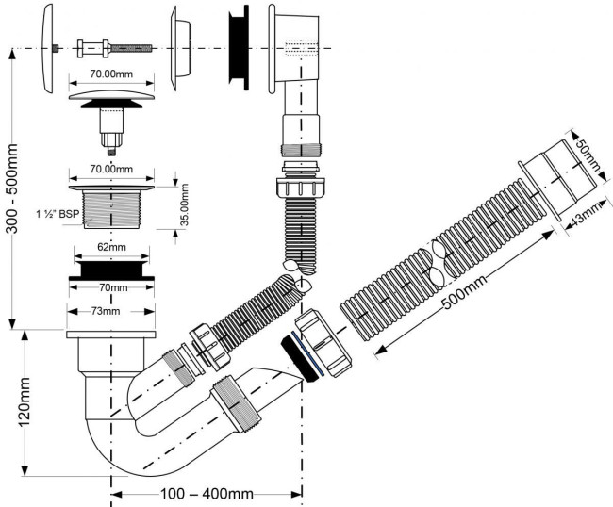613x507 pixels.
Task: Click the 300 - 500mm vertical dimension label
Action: (x=12, y=188)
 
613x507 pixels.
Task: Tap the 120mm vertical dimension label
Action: (x=25, y=402)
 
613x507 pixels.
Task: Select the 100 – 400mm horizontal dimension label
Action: (x=207, y=494)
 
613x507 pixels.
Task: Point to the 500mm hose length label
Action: (x=465, y=291)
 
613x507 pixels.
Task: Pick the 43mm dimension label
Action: (x=588, y=214)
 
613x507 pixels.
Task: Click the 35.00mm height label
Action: (x=184, y=204)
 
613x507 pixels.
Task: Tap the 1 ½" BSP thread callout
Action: (x=58, y=214)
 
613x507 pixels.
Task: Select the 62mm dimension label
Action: (x=112, y=247)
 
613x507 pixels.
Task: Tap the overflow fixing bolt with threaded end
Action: (x=114, y=48)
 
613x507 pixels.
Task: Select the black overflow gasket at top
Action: (x=239, y=48)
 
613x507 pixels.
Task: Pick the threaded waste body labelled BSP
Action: (x=111, y=206)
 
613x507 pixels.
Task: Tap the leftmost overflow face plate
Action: (x=46, y=48)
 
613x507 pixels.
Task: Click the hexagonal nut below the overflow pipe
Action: (x=300, y=187)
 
